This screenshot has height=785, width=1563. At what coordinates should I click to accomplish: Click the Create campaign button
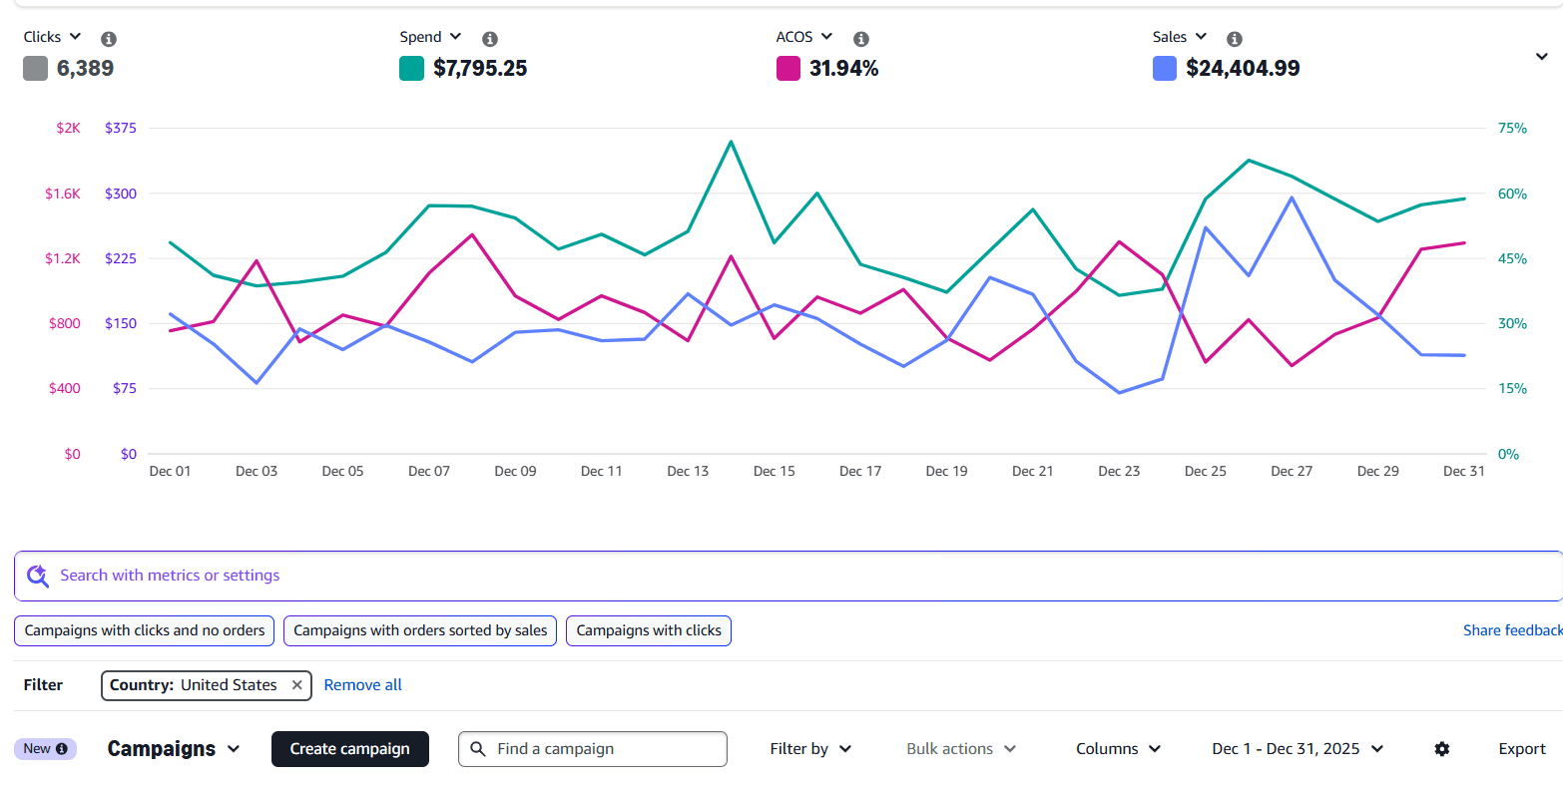coord(349,749)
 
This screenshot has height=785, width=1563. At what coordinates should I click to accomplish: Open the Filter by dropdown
coord(809,749)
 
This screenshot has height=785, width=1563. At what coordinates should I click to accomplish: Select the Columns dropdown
coord(1118,749)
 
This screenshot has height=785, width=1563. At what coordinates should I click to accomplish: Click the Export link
coord(1521,749)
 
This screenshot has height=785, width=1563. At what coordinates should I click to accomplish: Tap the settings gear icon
coord(1441,749)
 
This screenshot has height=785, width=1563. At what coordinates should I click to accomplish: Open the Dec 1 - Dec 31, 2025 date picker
coord(1297,749)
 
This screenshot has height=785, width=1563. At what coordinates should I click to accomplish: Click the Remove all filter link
coord(362,685)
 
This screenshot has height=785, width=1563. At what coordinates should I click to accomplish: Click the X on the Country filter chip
coord(296,685)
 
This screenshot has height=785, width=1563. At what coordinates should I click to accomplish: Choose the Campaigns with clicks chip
coord(649,630)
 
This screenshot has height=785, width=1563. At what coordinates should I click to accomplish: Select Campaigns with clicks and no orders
coord(145,630)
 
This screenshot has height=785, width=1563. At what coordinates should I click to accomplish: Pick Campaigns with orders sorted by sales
coord(420,630)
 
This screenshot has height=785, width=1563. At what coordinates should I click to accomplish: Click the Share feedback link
coord(1511,630)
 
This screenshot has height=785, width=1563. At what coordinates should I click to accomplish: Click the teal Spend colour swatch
coord(411,69)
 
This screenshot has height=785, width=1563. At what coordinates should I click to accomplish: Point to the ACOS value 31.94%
coord(843,69)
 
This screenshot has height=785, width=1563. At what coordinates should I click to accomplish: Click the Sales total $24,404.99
coord(1243,69)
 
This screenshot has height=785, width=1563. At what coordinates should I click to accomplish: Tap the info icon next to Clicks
coord(109,39)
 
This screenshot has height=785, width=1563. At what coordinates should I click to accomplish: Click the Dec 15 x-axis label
coord(774,471)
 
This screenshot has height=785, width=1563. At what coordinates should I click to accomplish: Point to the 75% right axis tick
coord(1511,128)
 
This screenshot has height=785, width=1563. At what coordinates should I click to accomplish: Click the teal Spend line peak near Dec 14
coord(732,142)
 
